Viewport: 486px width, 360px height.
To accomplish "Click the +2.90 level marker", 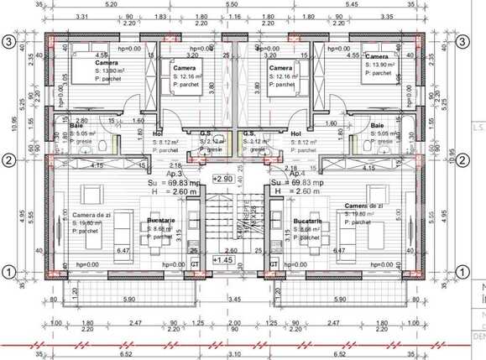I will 223,180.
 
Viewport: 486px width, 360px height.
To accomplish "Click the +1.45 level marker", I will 223,260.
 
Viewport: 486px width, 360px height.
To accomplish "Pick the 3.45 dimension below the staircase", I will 234,299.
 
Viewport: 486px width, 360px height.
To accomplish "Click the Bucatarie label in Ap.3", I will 164,221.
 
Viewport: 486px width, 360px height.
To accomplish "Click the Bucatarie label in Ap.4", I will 307,221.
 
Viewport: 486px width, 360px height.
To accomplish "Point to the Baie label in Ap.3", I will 64,125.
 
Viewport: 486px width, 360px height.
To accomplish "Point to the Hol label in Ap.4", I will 295,133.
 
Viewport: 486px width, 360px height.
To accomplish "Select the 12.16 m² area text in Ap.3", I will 188,76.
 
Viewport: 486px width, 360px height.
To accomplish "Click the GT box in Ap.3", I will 195,264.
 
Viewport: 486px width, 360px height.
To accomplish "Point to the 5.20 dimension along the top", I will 112,5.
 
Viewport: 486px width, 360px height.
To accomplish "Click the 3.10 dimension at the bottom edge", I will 234,354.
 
